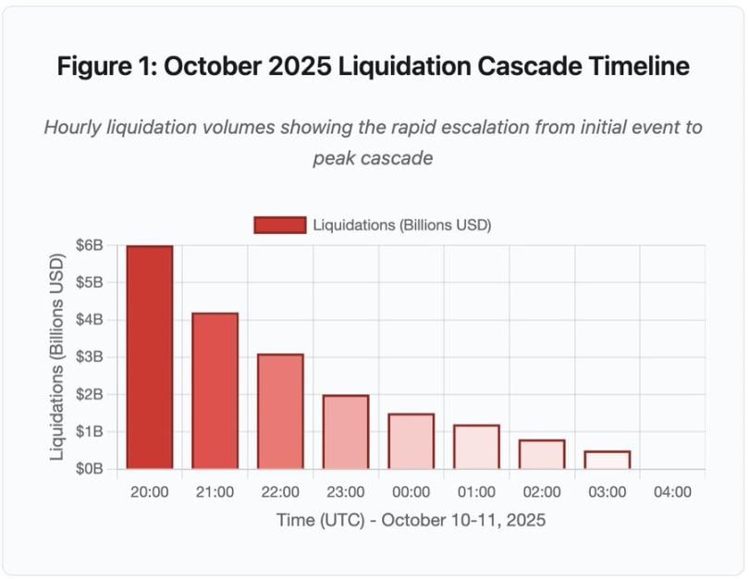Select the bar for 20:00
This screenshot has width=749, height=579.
[150, 357]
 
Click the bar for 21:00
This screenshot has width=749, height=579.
[215, 390]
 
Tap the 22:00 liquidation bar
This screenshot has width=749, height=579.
[280, 411]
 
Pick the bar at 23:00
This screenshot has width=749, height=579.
[346, 431]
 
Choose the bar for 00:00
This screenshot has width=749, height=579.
[411, 440]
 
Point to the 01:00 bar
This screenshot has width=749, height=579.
[476, 446]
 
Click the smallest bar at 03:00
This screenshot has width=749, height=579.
[608, 459]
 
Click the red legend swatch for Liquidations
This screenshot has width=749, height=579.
[279, 225]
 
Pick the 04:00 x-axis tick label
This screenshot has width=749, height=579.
[672, 492]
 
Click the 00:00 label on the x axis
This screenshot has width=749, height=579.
[411, 492]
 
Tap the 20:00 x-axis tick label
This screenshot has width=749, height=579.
[150, 492]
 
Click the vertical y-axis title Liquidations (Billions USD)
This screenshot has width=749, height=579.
[57, 357]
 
